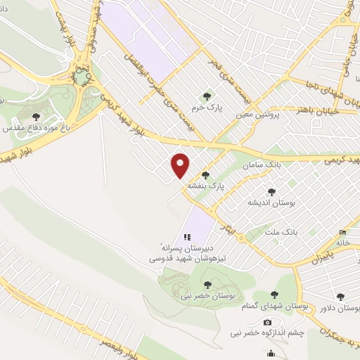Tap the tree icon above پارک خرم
click(207, 96)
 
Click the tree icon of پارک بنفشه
click(206, 175)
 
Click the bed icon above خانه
click(342, 232)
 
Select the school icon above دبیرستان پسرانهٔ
click(187, 238)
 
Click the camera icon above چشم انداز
click(266, 322)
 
